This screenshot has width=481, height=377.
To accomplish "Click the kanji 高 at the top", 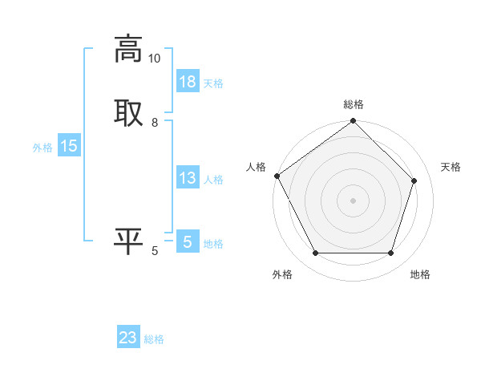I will [x=129, y=49].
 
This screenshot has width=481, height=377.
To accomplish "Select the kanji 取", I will [x=129, y=111].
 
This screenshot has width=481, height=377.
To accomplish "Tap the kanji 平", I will [x=129, y=241].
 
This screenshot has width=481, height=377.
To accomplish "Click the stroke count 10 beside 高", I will [x=154, y=59].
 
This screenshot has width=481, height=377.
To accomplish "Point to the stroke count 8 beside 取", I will [x=155, y=123].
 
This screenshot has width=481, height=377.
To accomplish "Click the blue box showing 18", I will [x=188, y=82].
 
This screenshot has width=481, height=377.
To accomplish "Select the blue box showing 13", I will [x=188, y=178].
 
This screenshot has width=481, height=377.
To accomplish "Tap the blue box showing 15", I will [x=69, y=146].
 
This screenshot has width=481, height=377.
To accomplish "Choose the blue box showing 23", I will [x=128, y=338].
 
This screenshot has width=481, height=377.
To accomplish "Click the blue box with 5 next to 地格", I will [x=188, y=241].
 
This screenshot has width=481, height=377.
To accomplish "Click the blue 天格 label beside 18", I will [x=213, y=83].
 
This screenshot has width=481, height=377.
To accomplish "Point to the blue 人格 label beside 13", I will [x=213, y=180].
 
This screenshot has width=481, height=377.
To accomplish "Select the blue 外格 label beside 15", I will [x=42, y=148].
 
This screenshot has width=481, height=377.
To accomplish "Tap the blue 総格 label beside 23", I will [x=154, y=339].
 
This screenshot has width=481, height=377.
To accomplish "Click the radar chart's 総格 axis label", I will [x=354, y=104].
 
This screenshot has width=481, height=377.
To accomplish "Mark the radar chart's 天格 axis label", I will [x=451, y=167].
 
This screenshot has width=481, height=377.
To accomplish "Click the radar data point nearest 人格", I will [x=277, y=176].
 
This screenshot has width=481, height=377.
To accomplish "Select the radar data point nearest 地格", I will [x=390, y=253].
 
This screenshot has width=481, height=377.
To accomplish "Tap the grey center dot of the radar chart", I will [x=353, y=200].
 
